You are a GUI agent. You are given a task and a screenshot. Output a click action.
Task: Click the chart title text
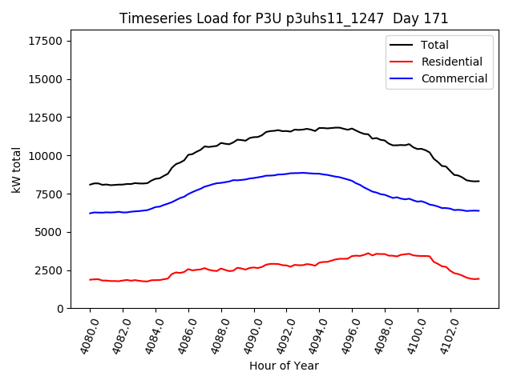coord(284,18)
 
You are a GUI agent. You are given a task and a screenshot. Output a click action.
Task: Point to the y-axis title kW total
coord(17,170)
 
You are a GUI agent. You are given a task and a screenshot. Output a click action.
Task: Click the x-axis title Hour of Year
coord(284,366)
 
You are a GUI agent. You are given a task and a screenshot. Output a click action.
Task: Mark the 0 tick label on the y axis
coord(61,309)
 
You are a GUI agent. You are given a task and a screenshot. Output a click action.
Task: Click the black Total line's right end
coord(479,181)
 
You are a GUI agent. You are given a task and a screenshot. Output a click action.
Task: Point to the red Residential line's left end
coord(90,279)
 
